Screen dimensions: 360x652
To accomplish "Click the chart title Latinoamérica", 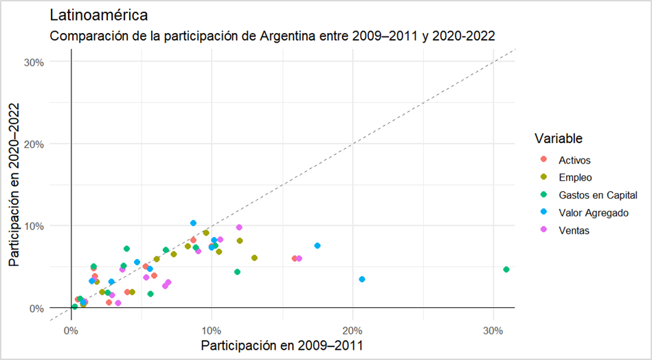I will (x=99, y=14).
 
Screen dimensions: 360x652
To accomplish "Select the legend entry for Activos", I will (x=575, y=160).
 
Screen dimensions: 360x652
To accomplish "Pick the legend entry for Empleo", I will (x=575, y=178).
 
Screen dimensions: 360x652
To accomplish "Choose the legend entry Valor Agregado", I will (x=593, y=213).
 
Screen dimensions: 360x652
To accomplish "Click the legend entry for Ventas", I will (x=574, y=231).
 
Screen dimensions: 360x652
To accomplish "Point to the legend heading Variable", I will (x=559, y=138).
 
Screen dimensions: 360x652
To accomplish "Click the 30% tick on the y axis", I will (x=33, y=62).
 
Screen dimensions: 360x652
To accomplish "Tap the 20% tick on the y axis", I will (x=33, y=144).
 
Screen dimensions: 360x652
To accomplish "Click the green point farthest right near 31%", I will (x=506, y=269).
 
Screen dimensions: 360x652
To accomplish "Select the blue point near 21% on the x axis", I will (x=362, y=279).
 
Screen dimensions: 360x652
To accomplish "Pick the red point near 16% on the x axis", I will (x=295, y=258).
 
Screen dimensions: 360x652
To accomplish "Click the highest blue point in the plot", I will (x=193, y=223).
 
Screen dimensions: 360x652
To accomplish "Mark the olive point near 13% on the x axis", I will (x=254, y=258).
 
